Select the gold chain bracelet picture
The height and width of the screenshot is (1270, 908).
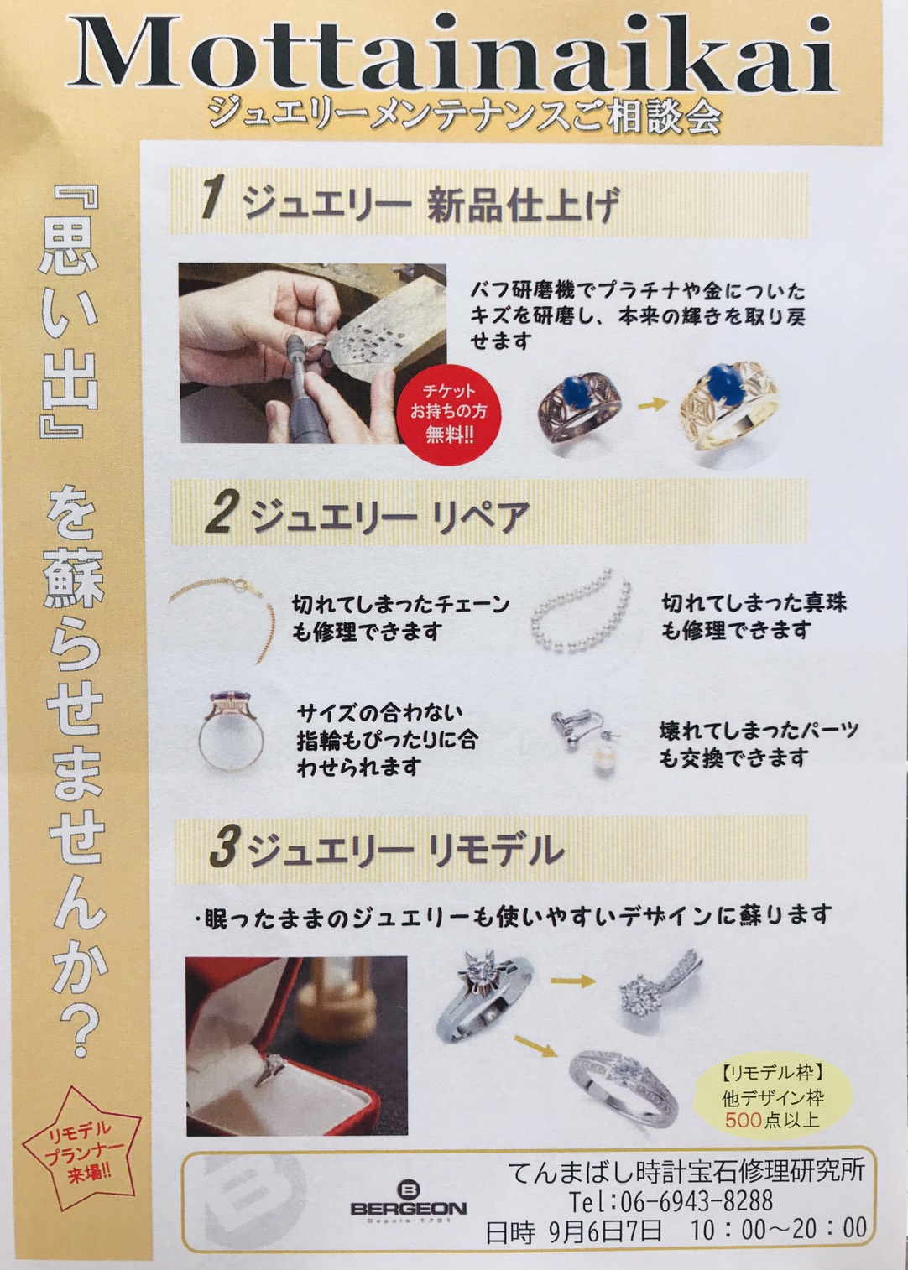click(x=222, y=619)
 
